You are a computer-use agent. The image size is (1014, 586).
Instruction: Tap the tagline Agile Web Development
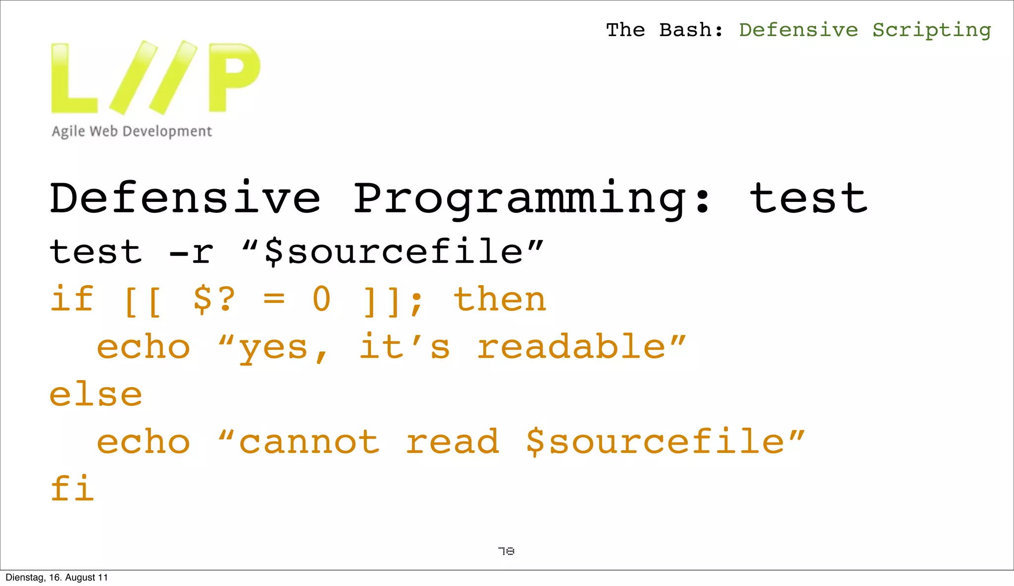132,131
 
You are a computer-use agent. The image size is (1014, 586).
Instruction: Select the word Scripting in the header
931,31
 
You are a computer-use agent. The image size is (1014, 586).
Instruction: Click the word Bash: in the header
691,30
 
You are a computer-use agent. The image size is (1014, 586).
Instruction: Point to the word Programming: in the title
532,199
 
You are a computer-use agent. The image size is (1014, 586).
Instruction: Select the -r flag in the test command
191,252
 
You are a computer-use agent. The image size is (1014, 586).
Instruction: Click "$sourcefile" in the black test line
393,251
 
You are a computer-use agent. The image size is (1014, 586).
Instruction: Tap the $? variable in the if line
214,299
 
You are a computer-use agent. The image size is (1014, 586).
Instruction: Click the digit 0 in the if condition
321,299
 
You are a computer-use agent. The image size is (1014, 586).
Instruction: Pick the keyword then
500,299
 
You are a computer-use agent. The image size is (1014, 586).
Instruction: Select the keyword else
96,394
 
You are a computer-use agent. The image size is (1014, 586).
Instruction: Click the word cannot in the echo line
309,441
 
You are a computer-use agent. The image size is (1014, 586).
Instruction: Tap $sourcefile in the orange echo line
656,441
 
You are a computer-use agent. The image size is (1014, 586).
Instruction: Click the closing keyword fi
72,488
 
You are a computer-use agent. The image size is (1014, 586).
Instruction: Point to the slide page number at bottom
506,551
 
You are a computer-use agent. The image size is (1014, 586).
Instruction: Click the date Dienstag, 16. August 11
56,578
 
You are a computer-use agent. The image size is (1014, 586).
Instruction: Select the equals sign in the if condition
274,299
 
